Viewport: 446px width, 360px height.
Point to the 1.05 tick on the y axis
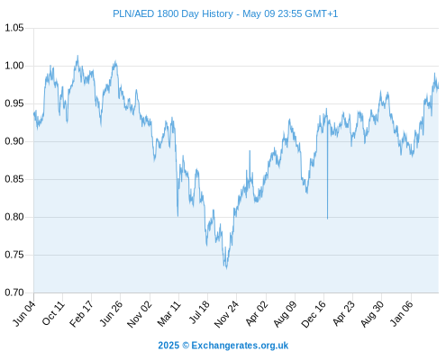click(14, 28)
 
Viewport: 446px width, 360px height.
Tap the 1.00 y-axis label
click(14, 66)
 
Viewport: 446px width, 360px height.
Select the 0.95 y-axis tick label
click(14, 103)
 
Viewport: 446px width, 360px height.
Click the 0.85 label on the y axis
click(14, 179)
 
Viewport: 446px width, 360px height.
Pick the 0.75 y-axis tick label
click(14, 255)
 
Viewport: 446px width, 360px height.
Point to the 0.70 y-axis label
click(14, 292)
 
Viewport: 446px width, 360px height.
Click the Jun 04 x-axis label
click(24, 313)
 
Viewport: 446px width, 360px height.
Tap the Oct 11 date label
click(53, 313)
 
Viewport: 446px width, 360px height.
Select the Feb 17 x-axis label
click(81, 314)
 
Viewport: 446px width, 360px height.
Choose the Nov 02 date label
click(140, 314)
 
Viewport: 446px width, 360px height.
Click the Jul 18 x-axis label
click(199, 313)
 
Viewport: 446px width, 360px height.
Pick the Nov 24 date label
click(226, 314)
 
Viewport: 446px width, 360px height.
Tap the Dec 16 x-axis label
click(314, 314)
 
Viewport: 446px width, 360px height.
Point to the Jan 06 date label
click(401, 314)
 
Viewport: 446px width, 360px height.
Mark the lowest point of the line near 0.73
click(226, 268)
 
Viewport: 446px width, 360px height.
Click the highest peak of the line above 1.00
click(77, 56)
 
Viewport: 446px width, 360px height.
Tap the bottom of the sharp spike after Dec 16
click(327, 219)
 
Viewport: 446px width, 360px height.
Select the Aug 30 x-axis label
click(372, 314)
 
